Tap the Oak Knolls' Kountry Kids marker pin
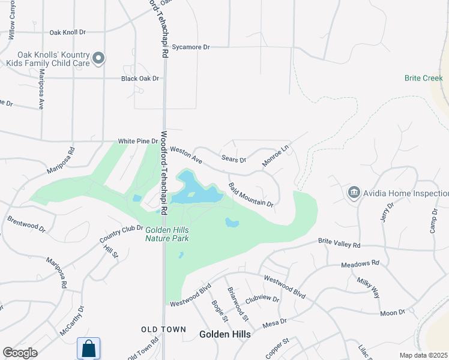(99, 58)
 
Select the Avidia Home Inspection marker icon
(354, 193)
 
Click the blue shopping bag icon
(88, 348)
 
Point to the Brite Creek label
(423, 78)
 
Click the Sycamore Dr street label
(190, 46)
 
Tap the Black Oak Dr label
(140, 78)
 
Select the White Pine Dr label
(137, 141)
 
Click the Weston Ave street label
(186, 155)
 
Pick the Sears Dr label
(234, 160)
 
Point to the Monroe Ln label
(276, 155)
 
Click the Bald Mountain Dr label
(251, 195)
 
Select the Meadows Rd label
(360, 263)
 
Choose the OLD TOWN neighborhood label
(159, 329)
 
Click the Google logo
(20, 353)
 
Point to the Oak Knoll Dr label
(67, 32)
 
